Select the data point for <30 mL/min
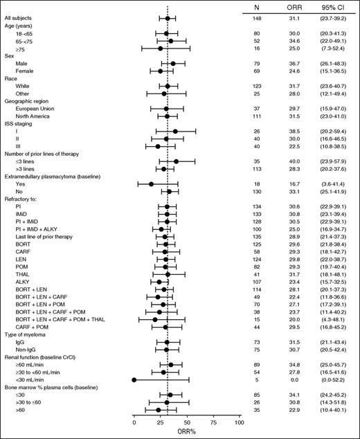134,379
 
